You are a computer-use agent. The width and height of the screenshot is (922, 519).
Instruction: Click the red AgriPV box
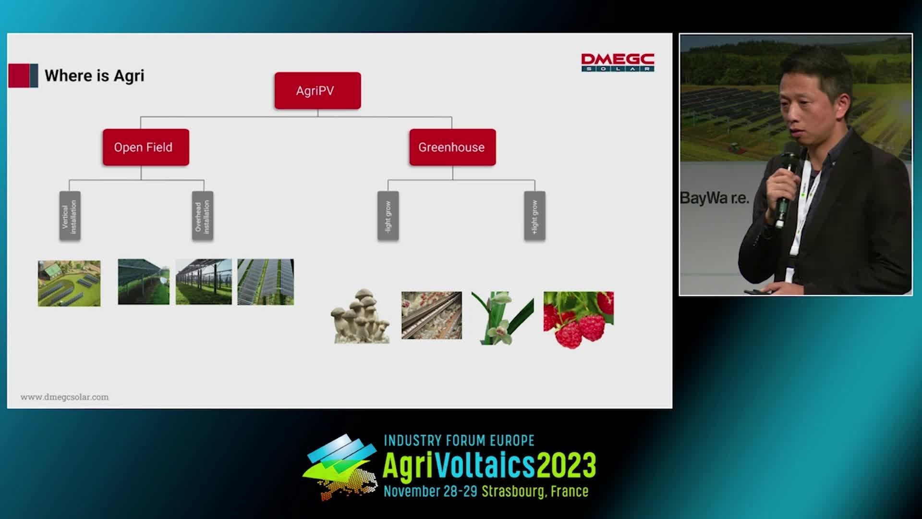(x=317, y=91)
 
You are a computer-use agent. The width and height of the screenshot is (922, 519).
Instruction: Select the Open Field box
(x=146, y=147)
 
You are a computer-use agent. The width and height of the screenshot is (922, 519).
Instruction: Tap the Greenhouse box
(x=452, y=147)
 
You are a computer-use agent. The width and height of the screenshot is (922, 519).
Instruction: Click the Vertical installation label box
(x=70, y=216)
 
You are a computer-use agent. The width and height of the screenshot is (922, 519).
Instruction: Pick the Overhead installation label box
(x=202, y=216)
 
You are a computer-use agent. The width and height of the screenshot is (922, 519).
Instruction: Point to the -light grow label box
(x=388, y=216)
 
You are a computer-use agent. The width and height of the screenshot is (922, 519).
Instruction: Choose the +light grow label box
(x=534, y=216)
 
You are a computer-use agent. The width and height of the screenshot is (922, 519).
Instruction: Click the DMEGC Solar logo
(x=618, y=62)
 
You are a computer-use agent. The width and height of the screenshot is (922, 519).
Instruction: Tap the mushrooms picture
(x=360, y=316)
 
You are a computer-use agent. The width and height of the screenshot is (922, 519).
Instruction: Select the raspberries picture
(x=579, y=320)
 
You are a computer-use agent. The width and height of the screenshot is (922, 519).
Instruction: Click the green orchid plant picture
(x=502, y=318)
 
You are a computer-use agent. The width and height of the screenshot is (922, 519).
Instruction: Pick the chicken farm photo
(x=432, y=315)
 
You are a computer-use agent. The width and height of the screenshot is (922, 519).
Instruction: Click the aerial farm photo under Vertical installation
(x=69, y=284)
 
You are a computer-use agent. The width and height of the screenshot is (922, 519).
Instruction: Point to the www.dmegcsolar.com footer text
(x=64, y=397)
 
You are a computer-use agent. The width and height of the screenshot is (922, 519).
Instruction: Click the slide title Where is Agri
(x=95, y=76)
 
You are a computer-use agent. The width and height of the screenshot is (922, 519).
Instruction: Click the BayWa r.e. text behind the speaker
(x=715, y=198)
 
